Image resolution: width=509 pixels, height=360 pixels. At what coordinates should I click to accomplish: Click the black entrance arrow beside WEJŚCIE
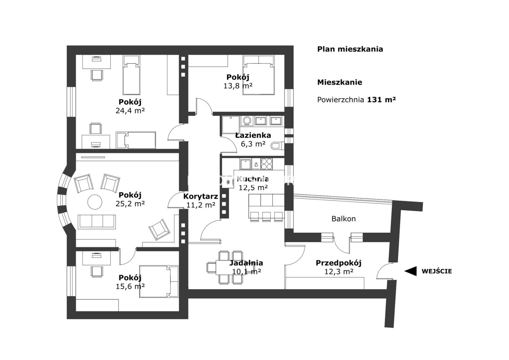coord(411,271)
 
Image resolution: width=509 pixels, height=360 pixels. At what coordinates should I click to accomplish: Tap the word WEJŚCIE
coord(437,271)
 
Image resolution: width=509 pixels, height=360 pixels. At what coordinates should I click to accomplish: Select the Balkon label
coord(344,219)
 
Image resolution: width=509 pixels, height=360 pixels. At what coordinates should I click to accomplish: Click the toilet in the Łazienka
coord(277,146)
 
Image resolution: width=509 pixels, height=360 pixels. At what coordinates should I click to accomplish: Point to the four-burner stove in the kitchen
coord(266,164)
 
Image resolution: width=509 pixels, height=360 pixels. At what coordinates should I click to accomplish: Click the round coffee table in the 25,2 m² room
coord(95,202)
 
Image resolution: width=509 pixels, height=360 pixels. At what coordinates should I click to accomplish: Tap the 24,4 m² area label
coord(130,111)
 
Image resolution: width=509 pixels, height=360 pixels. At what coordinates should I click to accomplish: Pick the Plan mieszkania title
coord(350,49)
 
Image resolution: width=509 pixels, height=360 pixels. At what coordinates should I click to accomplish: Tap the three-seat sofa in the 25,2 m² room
coord(97,222)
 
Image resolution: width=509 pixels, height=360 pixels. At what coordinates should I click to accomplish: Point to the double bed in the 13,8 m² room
coord(258,75)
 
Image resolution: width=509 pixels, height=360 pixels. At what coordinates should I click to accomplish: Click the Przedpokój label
coord(338,263)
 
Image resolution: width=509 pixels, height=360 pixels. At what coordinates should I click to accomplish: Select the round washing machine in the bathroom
coord(246,121)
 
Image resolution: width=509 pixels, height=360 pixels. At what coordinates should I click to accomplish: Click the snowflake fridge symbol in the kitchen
coord(228,182)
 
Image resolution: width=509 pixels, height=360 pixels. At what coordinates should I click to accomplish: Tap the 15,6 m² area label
coord(130,286)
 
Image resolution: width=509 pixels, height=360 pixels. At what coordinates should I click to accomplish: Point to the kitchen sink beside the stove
coord(245,164)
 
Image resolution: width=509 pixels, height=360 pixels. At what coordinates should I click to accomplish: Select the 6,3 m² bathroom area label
coord(253,144)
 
